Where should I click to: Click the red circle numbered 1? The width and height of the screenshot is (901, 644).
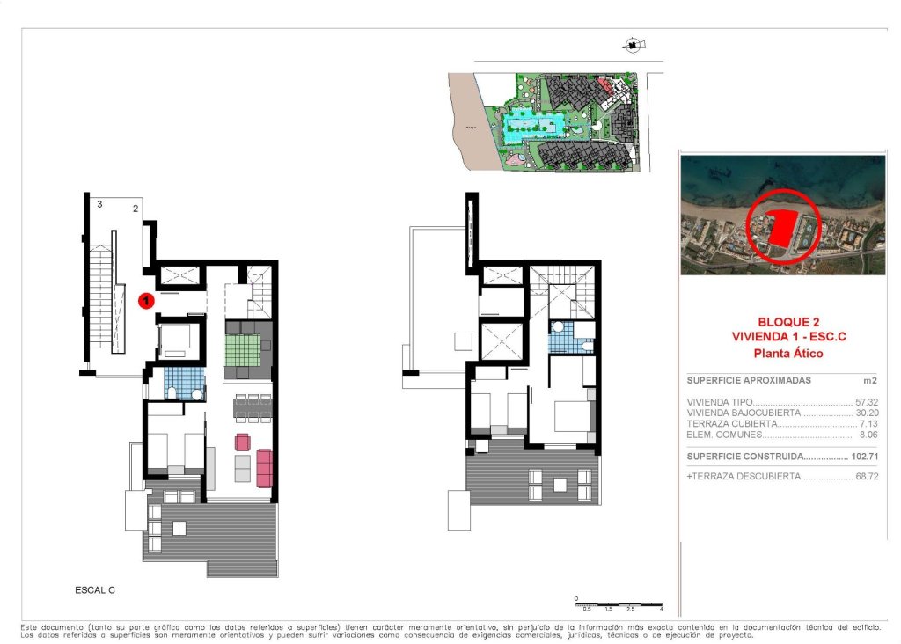point(147,301)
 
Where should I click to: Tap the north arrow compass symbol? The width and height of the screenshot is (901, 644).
point(633,45)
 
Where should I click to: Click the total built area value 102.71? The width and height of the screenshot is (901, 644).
point(866,457)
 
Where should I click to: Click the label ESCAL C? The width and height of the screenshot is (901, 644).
point(95,589)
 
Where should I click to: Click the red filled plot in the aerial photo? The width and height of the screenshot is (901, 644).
point(780,229)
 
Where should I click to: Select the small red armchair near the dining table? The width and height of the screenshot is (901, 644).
point(242,441)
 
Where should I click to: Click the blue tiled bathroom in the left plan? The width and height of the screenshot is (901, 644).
point(184,384)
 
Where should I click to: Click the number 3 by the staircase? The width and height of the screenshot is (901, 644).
point(100,204)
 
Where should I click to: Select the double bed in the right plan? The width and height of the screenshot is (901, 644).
point(572,415)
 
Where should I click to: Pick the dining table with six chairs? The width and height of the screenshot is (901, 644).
point(253,406)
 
